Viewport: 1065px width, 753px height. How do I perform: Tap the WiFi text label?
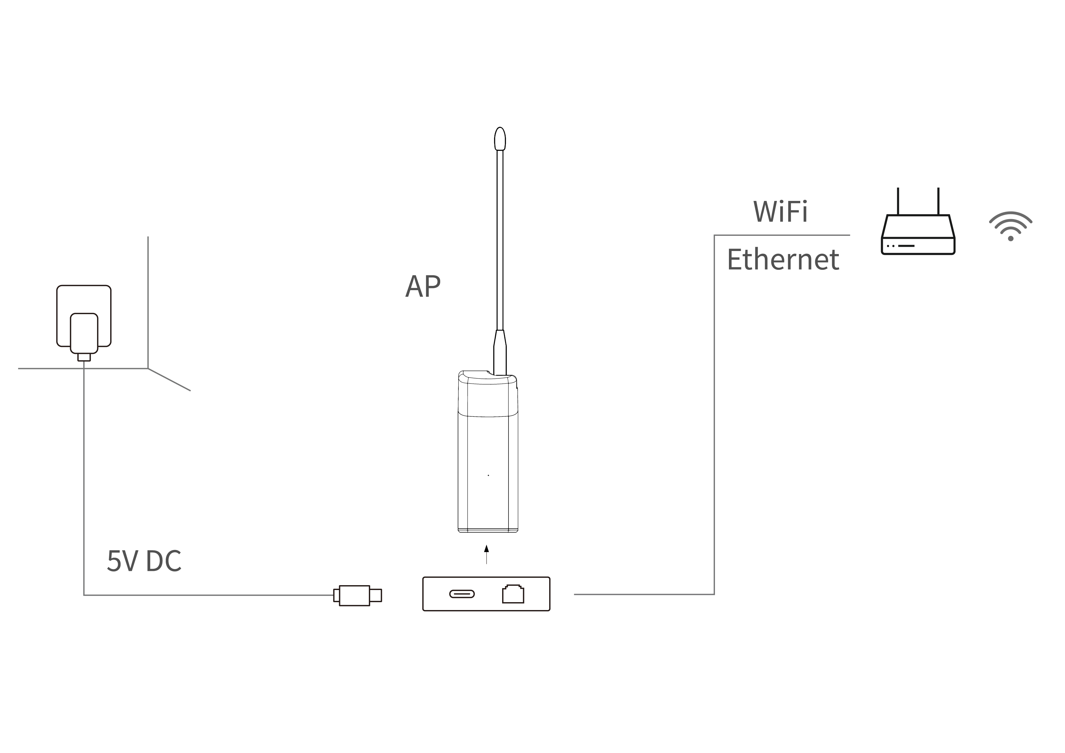point(780,212)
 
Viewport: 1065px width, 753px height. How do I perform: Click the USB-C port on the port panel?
point(461,594)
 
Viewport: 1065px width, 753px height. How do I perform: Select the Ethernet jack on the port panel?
point(513,594)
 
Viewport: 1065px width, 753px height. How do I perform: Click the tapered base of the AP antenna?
point(500,352)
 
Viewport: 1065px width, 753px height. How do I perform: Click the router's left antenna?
point(898,201)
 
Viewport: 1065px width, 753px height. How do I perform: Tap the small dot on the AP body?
point(488,475)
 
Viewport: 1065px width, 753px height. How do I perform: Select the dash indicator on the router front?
point(906,246)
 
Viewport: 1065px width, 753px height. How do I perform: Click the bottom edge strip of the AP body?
point(488,530)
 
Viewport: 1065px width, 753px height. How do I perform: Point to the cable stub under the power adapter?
point(84,357)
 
